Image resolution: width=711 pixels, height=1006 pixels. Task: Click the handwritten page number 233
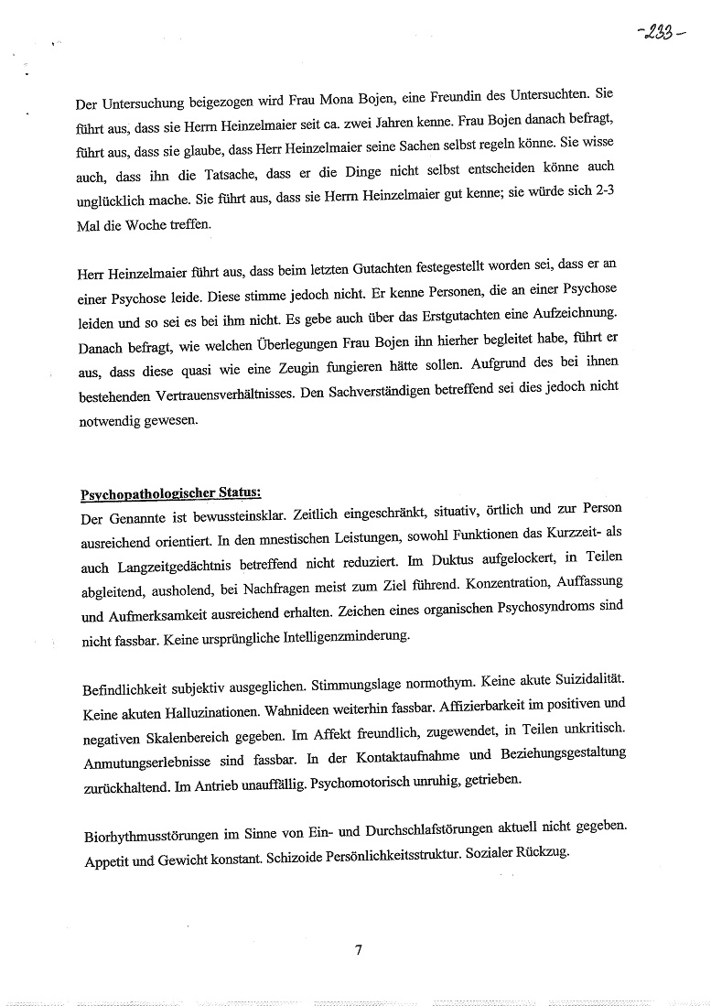coord(656,38)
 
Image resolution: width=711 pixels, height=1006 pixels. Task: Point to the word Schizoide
coord(297,851)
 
